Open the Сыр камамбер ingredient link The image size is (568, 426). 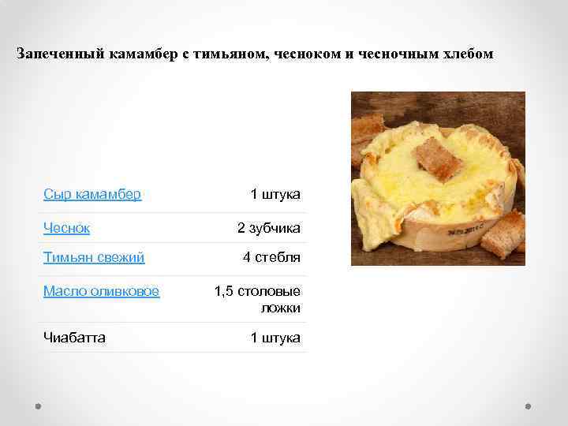point(92,194)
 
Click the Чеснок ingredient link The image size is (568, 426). point(66,228)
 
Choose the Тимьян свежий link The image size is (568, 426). point(94,257)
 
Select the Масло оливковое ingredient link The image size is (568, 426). point(101,291)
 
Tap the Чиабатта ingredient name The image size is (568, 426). point(75,338)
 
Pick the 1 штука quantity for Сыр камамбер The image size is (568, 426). point(275,194)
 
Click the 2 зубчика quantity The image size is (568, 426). point(269,228)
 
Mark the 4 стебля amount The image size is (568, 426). point(271,257)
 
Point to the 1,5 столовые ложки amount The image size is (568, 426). point(257,299)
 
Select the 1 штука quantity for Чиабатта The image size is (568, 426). point(275,338)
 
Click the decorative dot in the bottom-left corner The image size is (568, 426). point(38,407)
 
